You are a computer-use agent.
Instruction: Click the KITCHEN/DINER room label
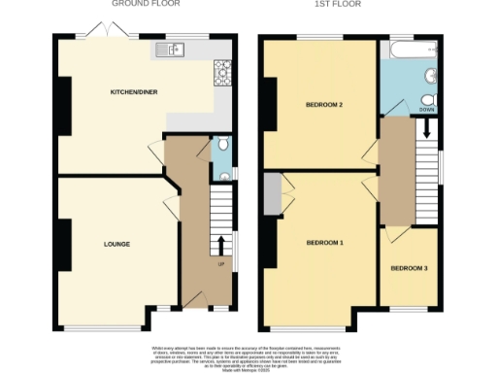click(x=133, y=93)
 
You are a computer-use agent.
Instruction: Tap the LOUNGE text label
click(x=117, y=244)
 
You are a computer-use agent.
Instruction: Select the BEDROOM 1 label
click(x=324, y=242)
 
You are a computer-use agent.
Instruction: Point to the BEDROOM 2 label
click(x=325, y=104)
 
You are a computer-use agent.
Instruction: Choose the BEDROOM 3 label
click(x=409, y=268)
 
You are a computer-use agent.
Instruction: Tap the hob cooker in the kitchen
click(x=220, y=69)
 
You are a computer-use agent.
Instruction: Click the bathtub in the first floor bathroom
click(x=408, y=50)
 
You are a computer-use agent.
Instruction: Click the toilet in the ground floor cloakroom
click(x=223, y=146)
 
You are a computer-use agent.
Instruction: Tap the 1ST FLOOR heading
click(x=338, y=4)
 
